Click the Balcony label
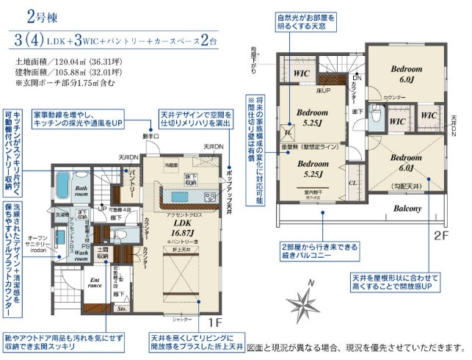pyautogui.click(x=407, y=209)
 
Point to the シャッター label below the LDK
pyautogui.click(x=182, y=320)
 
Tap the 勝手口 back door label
pyautogui.click(x=150, y=136)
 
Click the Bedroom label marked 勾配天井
pyautogui.click(x=406, y=162)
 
